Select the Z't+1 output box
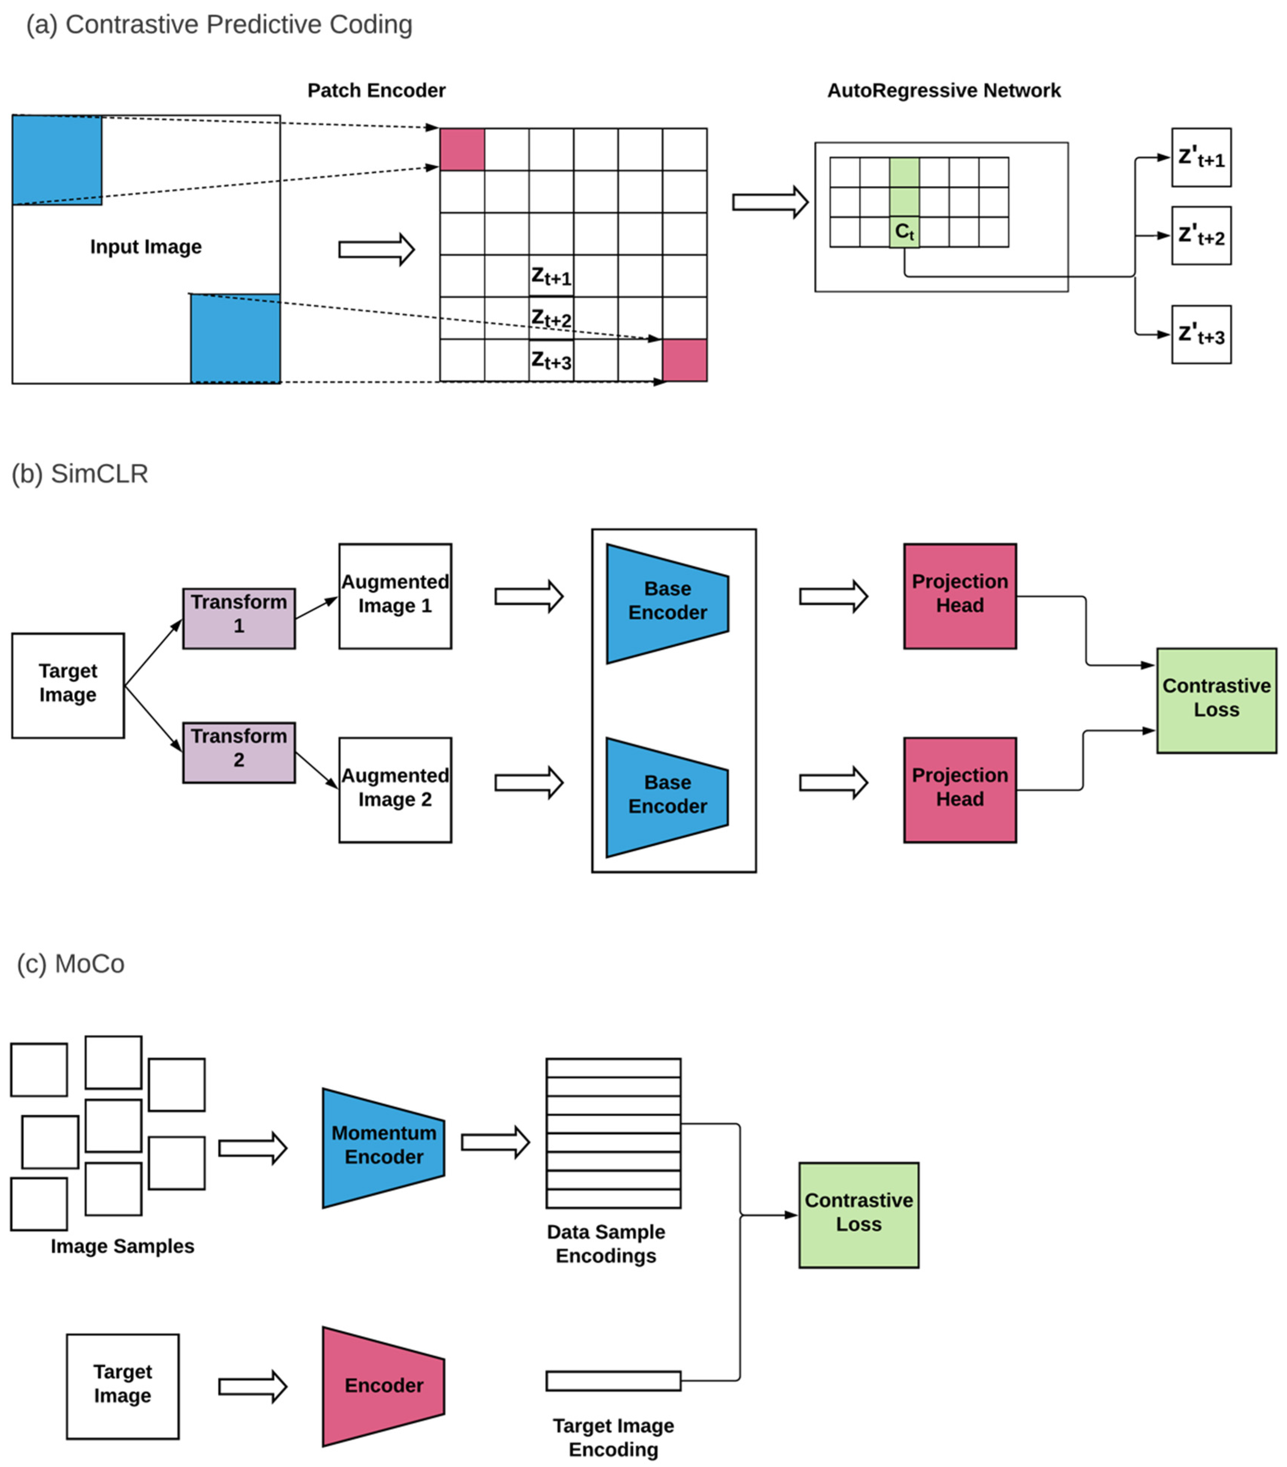point(1201,158)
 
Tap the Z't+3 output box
point(1201,334)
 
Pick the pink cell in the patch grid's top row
point(462,149)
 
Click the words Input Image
point(146,247)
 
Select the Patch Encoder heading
point(376,90)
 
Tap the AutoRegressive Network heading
point(943,90)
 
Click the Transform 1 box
point(239,619)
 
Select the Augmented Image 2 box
point(395,789)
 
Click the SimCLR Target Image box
point(68,685)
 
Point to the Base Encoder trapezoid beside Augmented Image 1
point(667,603)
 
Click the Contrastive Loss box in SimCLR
point(1216,700)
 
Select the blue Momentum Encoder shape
point(383,1148)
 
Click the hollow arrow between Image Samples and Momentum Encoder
point(252,1148)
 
